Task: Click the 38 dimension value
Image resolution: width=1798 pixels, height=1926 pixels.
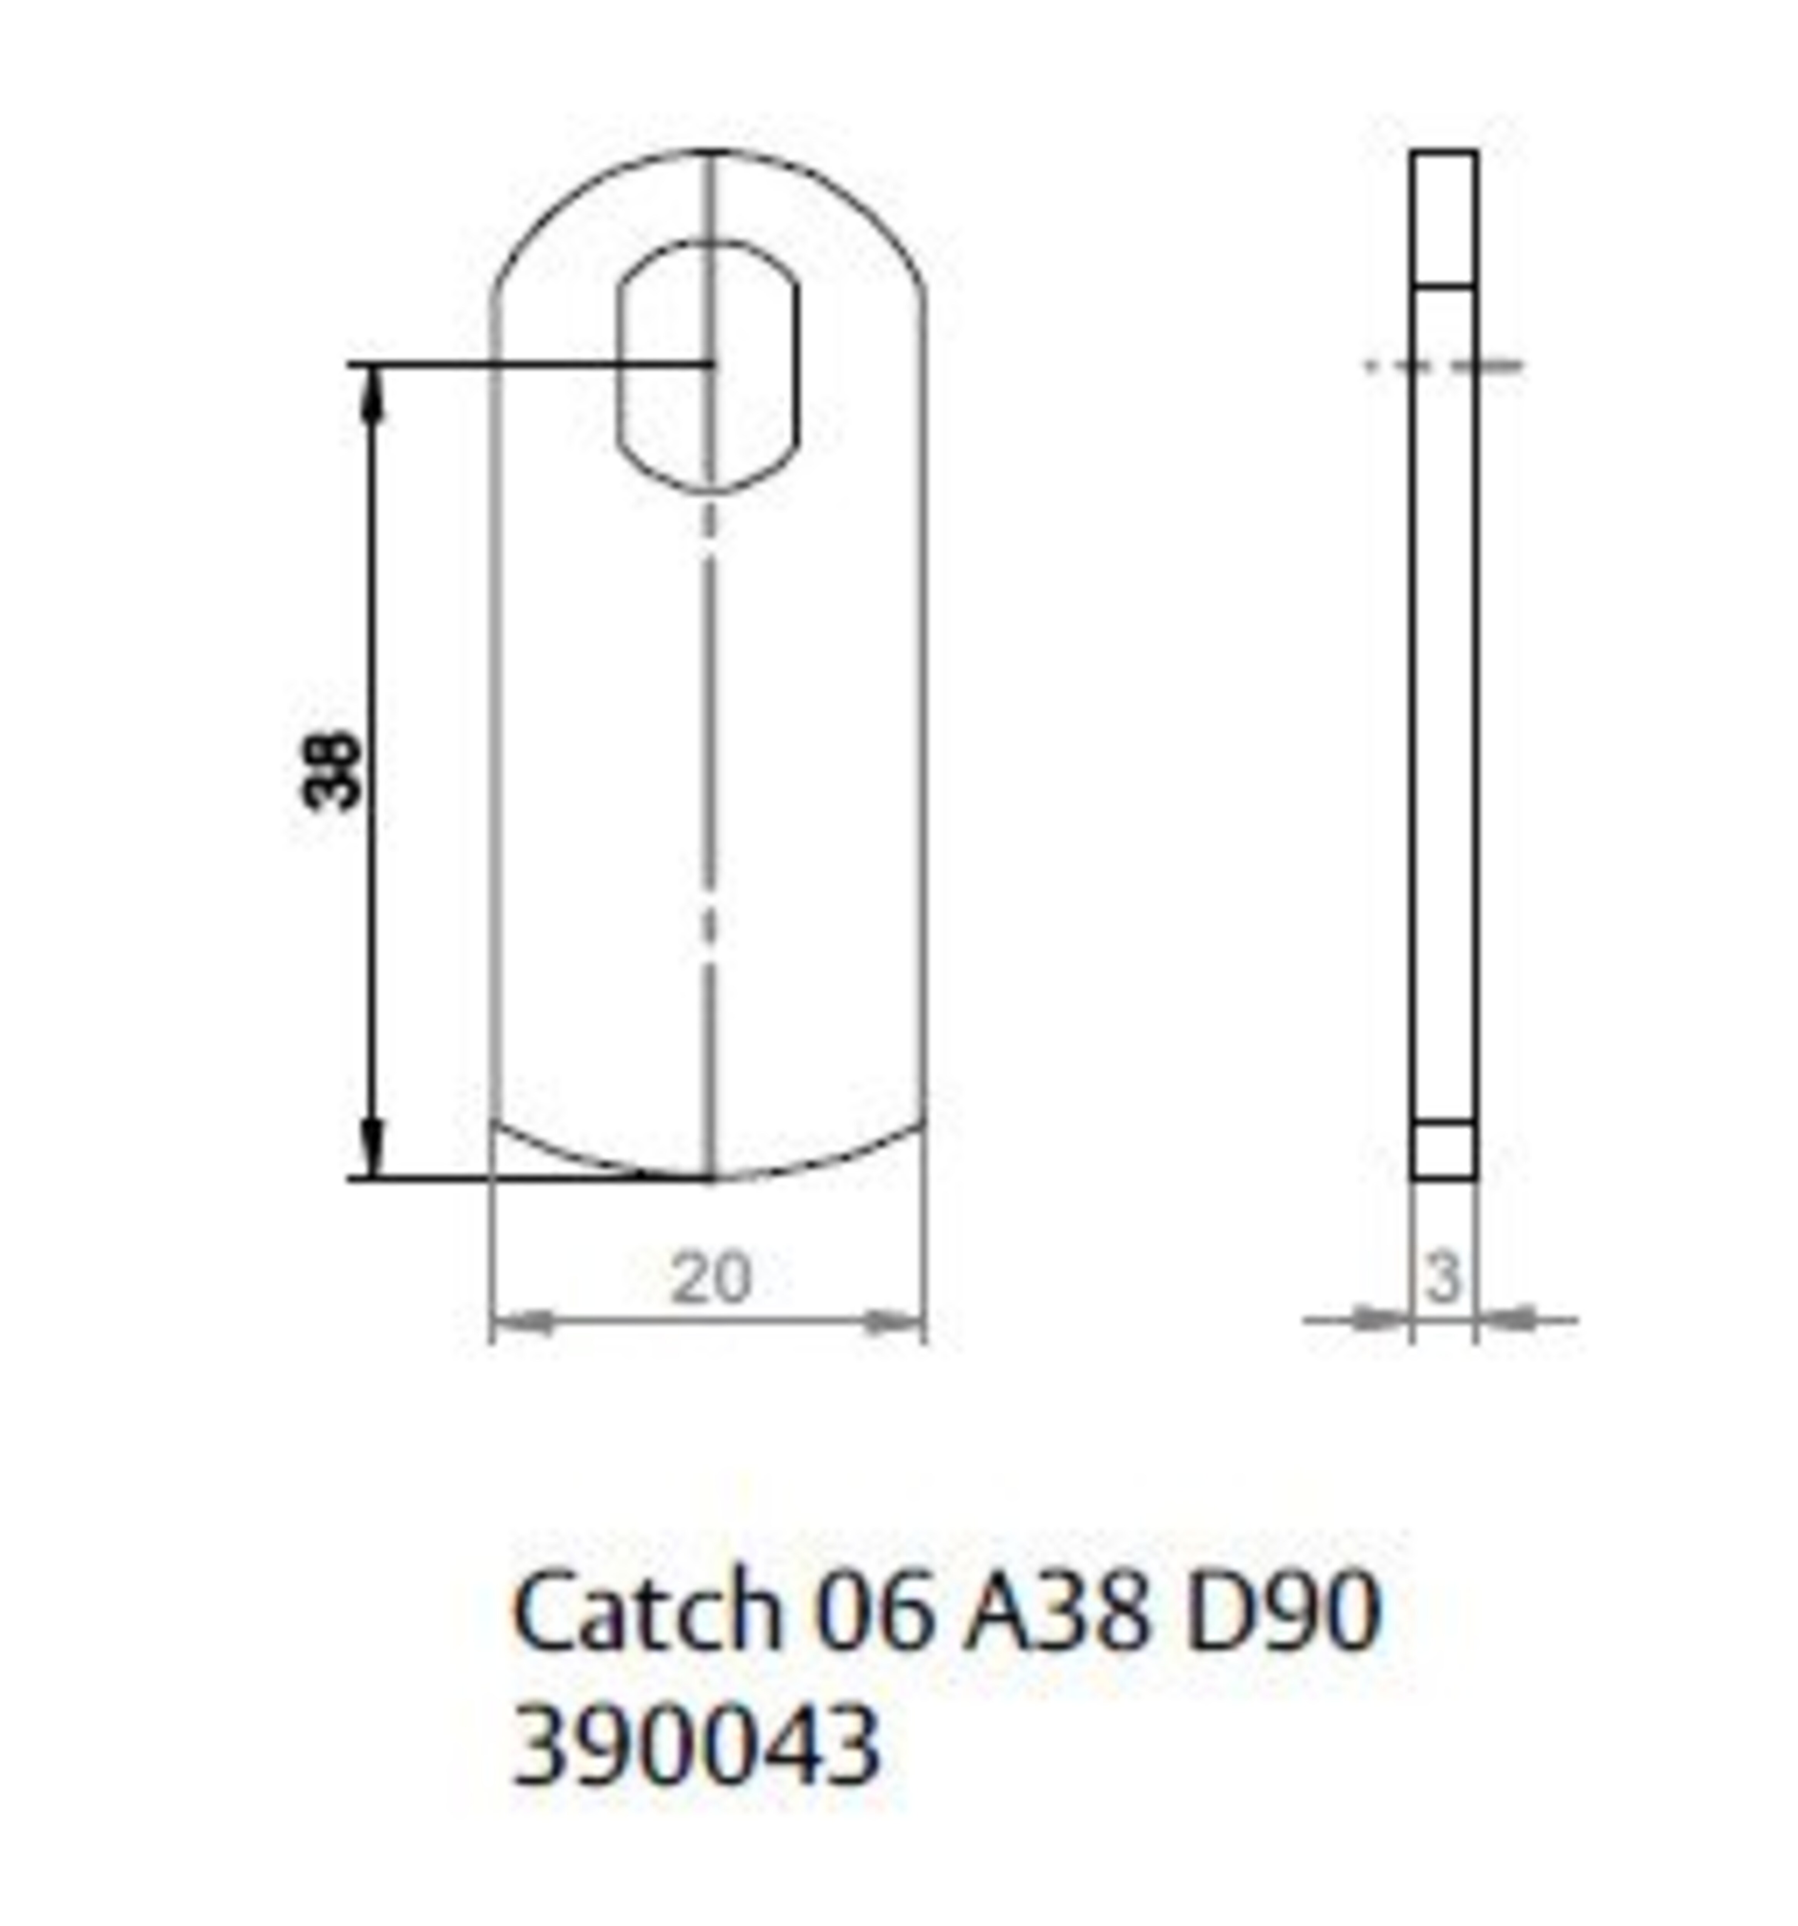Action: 331,771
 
